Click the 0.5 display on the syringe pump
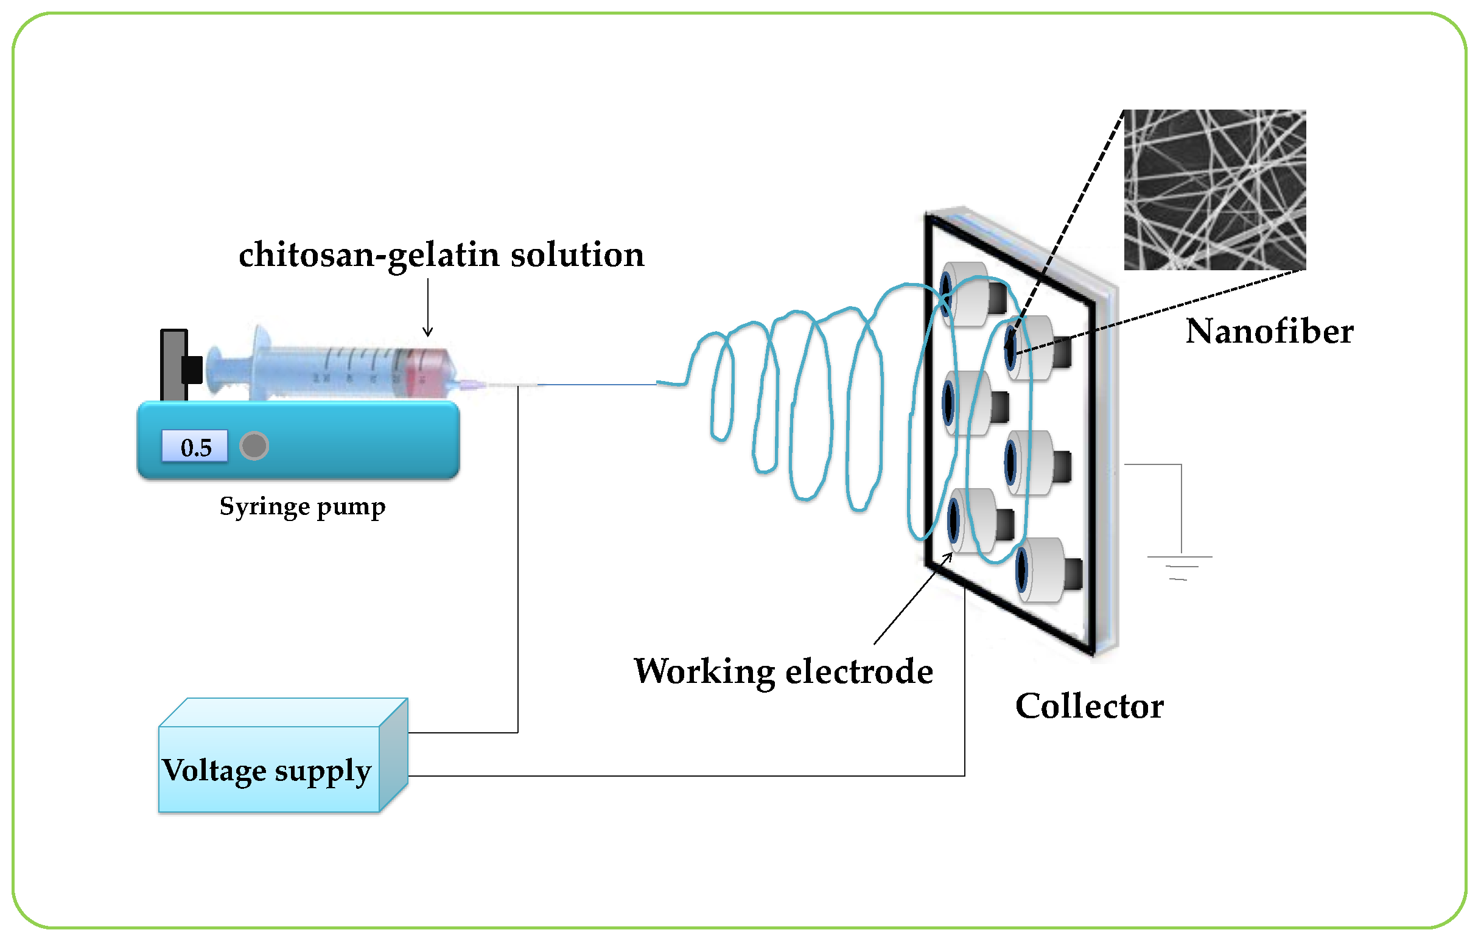point(194,447)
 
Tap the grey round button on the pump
point(254,446)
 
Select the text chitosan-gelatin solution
point(441,255)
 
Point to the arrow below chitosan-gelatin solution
point(427,307)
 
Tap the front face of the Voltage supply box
point(268,770)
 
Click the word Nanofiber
point(1269,332)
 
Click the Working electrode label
point(783,671)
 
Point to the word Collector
point(1088,706)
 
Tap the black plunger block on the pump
point(192,369)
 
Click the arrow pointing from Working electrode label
point(912,598)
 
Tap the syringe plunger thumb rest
point(214,369)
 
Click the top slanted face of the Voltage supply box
point(283,712)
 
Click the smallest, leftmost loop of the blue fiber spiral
point(721,388)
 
